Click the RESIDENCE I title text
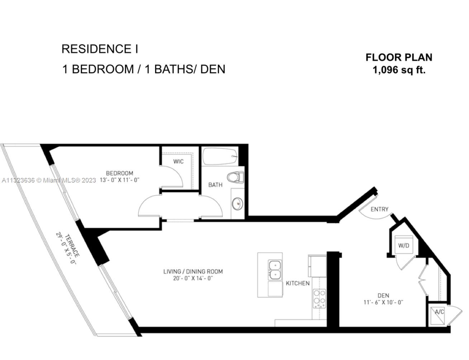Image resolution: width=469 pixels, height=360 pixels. [x=100, y=49]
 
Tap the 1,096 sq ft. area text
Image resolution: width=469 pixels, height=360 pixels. [x=399, y=70]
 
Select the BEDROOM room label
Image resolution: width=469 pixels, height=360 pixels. [x=119, y=173]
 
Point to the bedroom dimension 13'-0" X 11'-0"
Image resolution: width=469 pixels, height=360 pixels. [x=119, y=180]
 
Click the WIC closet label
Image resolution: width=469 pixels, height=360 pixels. [x=178, y=161]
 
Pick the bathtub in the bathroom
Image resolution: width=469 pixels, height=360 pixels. [x=220, y=156]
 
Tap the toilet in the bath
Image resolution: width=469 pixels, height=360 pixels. [x=236, y=177]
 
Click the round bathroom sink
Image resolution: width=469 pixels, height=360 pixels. [x=237, y=204]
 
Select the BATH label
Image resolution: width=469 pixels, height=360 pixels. [x=215, y=185]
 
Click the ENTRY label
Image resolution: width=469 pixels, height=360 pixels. [x=379, y=209]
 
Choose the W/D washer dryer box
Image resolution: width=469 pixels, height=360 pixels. [x=404, y=245]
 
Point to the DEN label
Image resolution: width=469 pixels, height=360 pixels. [x=383, y=295]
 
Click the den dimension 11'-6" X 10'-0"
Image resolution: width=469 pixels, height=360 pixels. [x=383, y=302]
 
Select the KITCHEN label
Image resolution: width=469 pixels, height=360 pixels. [x=298, y=283]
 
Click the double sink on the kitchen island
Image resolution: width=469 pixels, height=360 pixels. [x=275, y=270]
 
